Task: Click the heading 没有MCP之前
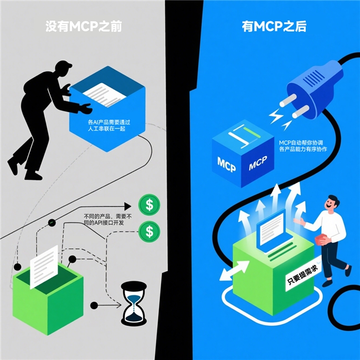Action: (84, 27)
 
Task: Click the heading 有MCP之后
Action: (274, 27)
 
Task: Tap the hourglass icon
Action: (134, 304)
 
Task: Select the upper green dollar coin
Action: (149, 204)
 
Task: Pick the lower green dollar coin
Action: (149, 232)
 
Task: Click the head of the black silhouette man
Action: (63, 69)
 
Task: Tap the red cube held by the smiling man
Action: (322, 240)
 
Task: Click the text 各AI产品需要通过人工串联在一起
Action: (109, 125)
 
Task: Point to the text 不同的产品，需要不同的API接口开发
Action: (108, 219)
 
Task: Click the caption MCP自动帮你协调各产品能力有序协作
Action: (303, 146)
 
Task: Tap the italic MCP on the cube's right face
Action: (258, 163)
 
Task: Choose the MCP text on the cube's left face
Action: (227, 164)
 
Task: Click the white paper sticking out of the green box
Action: (44, 267)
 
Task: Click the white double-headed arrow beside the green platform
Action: (234, 271)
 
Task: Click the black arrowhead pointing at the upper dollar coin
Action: (127, 206)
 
